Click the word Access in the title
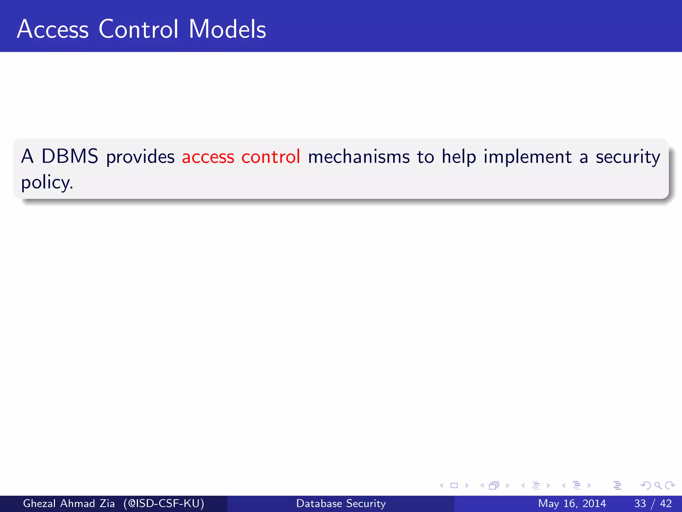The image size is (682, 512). point(53,29)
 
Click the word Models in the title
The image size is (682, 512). point(227,29)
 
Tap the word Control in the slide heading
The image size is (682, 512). point(139,29)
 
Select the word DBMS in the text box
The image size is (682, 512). point(70,156)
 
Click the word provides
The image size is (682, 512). point(140,157)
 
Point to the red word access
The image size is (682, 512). point(208,157)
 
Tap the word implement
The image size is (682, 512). point(527,157)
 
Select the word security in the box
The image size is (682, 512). point(628,157)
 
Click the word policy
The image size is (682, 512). point(47,183)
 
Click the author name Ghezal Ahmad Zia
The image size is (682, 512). point(69,503)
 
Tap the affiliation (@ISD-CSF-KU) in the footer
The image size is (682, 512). point(164,503)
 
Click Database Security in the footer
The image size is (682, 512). point(341,503)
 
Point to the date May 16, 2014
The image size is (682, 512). point(572,503)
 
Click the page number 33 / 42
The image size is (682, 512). point(653,503)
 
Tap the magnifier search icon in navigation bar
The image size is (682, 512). point(658,486)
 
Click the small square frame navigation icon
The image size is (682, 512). point(454,486)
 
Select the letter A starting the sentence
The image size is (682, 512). point(27,156)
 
